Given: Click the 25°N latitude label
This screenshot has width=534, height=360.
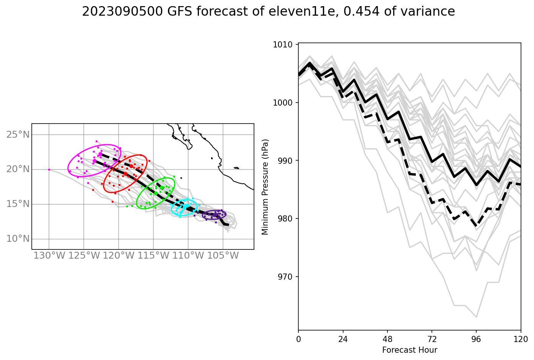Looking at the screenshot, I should tap(18, 135).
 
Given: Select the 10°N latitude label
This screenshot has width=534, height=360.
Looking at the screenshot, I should tap(18, 239).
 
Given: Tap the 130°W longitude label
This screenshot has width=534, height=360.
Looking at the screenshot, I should tap(49, 256).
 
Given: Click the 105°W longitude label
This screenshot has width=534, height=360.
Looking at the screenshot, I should tap(223, 256).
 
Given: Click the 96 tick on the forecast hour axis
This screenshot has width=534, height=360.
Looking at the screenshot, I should tap(476, 339).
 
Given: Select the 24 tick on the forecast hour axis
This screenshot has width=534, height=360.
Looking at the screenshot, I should tap(343, 339).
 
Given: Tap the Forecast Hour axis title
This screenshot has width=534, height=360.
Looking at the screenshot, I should tap(409, 350).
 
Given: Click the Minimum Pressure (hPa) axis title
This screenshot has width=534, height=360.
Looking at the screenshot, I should tap(265, 187).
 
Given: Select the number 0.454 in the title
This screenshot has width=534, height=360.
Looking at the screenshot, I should tap(362, 12).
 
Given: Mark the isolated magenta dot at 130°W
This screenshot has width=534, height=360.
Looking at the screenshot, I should tap(49, 169).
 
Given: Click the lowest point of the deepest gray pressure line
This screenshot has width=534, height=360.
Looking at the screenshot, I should tap(476, 317).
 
